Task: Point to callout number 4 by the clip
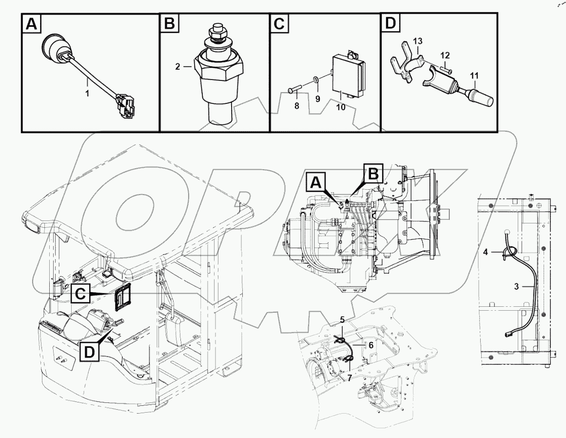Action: pyautogui.click(x=486, y=252)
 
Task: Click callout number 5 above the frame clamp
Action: pyautogui.click(x=342, y=320)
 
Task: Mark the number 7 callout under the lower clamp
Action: pyautogui.click(x=350, y=378)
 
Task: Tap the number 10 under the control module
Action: pyautogui.click(x=341, y=107)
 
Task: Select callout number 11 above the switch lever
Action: pyautogui.click(x=474, y=75)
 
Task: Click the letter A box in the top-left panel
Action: pyautogui.click(x=31, y=24)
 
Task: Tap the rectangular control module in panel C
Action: pyautogui.click(x=347, y=75)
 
